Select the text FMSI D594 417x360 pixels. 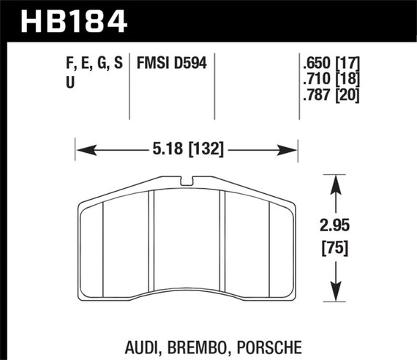[x=169, y=64]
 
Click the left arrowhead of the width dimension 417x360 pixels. [x=81, y=151]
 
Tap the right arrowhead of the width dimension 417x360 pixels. [x=294, y=151]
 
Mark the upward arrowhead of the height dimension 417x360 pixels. [x=335, y=180]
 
